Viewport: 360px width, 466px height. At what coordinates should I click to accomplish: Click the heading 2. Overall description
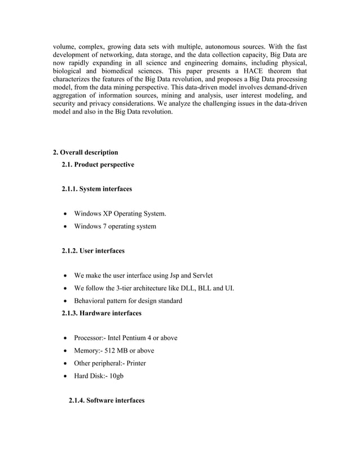(85, 152)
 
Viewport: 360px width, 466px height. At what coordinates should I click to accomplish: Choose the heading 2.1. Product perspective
(98, 165)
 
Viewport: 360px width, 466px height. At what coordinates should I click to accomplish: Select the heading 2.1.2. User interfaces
(93, 250)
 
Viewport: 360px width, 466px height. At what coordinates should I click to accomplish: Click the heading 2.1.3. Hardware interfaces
(102, 313)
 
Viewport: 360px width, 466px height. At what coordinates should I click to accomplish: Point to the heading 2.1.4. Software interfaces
(106, 400)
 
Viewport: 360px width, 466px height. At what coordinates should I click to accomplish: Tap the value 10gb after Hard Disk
(115, 376)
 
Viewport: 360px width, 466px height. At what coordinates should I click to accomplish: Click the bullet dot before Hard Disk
(66, 376)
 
